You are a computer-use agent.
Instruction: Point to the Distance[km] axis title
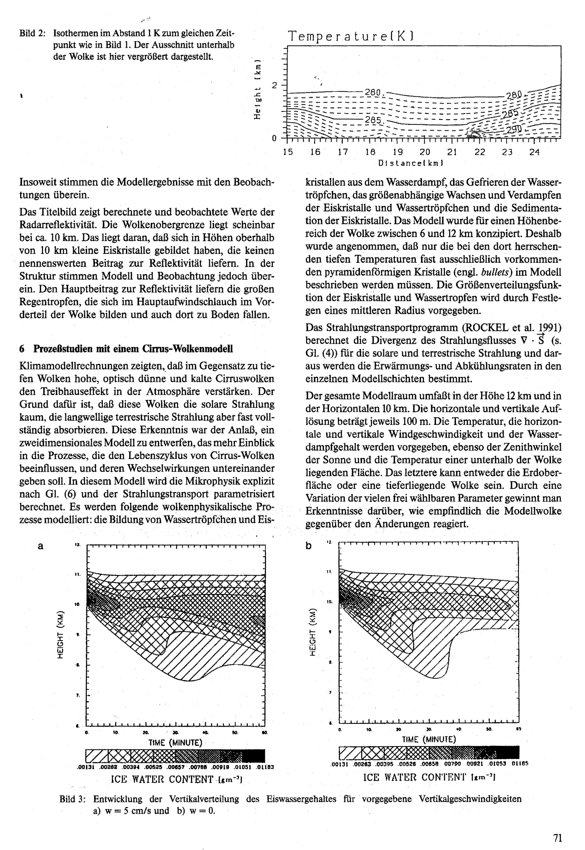[411, 163]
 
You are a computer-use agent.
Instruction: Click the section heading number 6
[22, 349]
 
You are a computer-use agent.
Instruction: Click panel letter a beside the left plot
[40, 546]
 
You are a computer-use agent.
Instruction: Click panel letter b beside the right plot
[309, 546]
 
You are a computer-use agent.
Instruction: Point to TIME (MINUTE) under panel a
[175, 743]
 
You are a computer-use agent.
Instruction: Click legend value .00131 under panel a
[86, 767]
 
